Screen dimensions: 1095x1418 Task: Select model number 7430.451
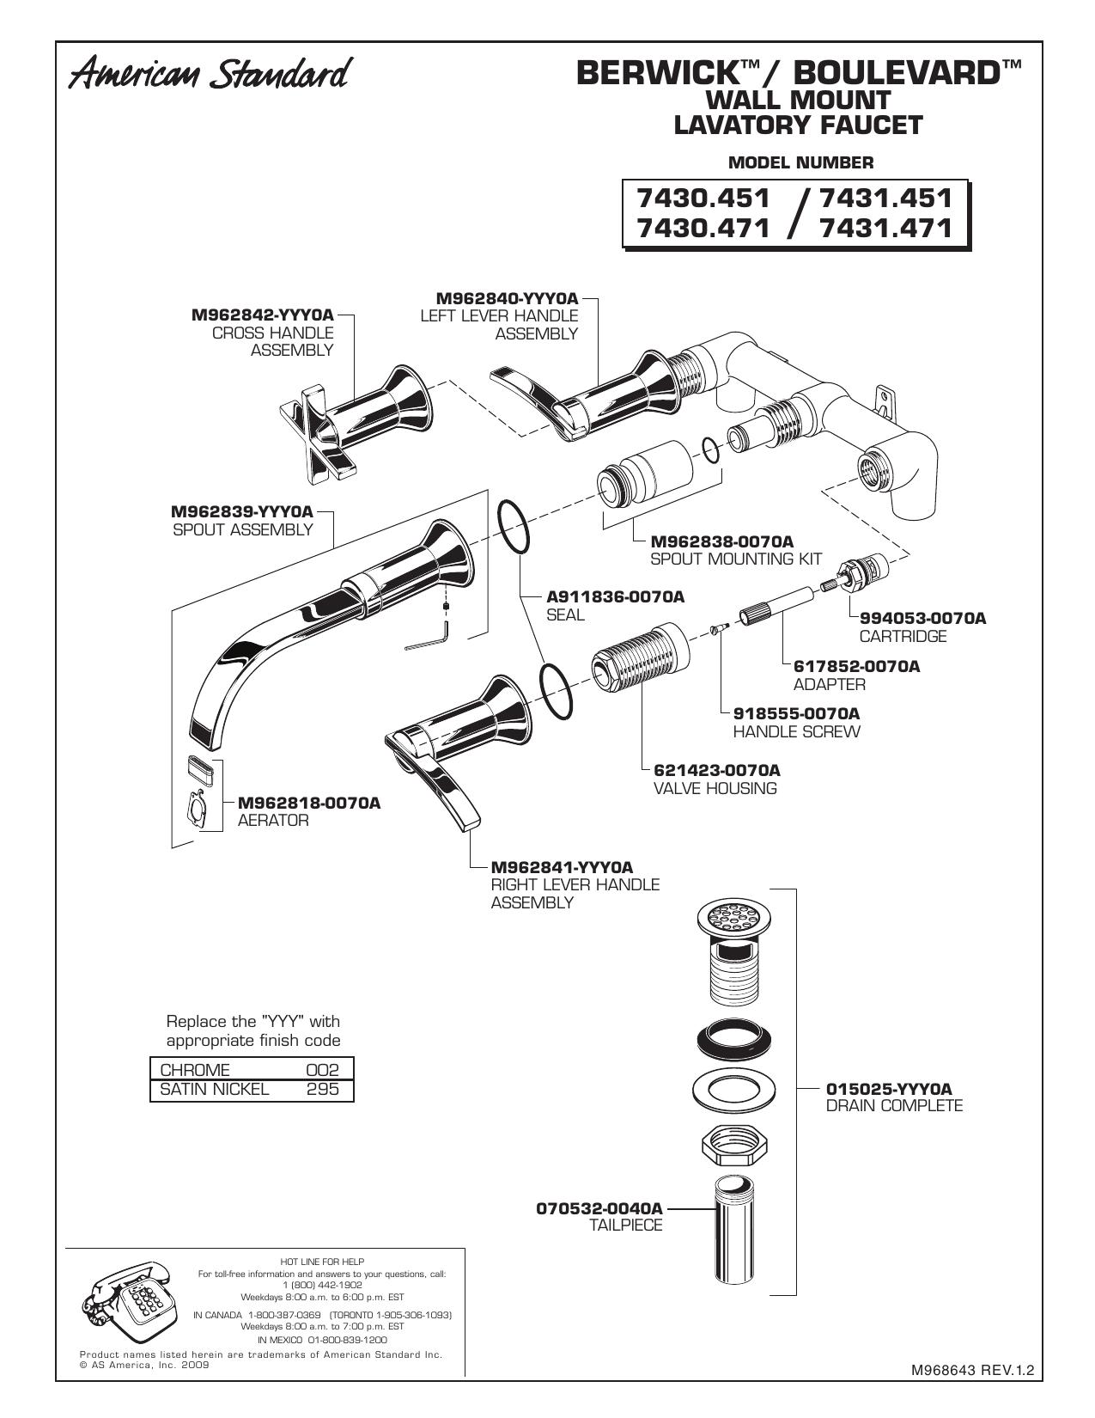[703, 197]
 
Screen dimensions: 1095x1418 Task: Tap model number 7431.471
[886, 228]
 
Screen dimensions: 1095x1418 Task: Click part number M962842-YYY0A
[262, 315]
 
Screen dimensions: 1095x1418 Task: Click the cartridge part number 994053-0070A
[923, 618]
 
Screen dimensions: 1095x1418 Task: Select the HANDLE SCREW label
[796, 731]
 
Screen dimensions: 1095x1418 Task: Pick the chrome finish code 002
[323, 1070]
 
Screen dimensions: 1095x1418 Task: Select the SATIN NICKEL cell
[215, 1089]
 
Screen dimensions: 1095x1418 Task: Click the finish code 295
[323, 1089]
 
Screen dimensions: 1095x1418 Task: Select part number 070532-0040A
[599, 1208]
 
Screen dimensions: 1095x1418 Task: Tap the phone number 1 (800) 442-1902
[322, 1284]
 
